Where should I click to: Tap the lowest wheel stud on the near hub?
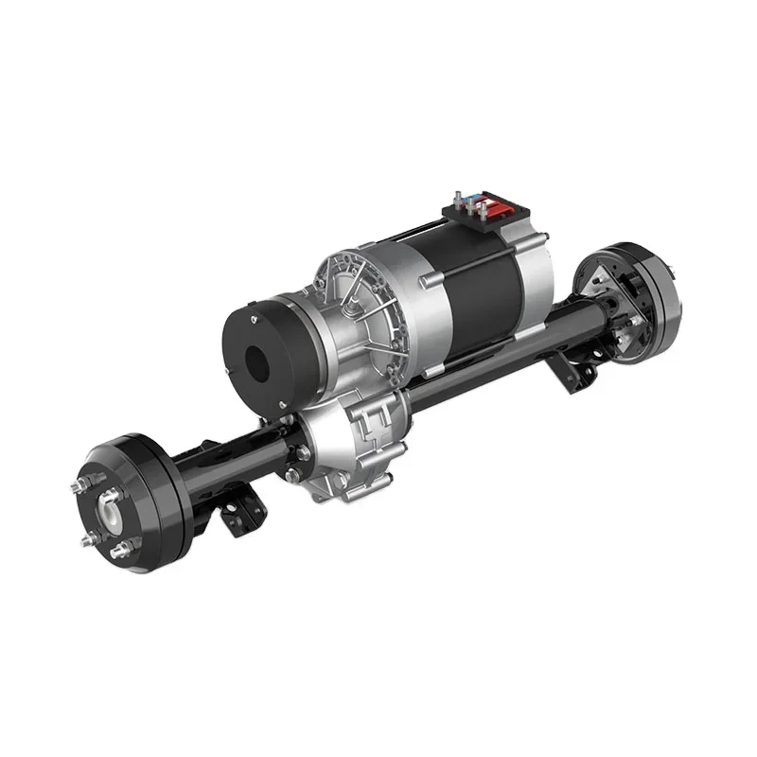click(x=120, y=552)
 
